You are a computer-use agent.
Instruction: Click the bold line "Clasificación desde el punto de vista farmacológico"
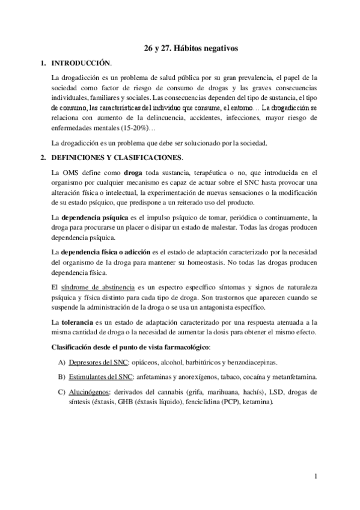point(130,348)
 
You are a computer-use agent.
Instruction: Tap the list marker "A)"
point(61,363)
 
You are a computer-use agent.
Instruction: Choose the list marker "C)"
point(61,392)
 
